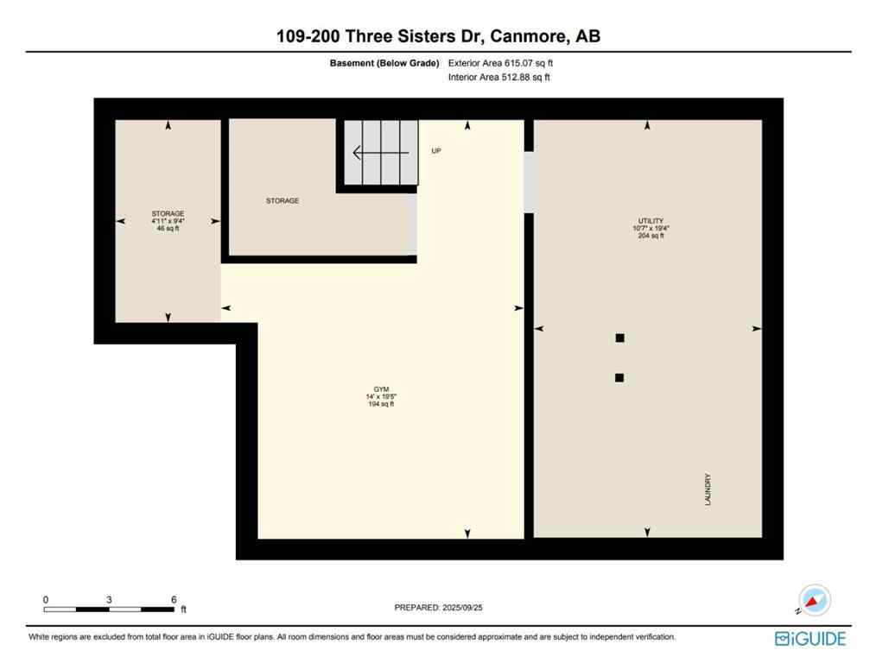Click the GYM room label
click(x=380, y=389)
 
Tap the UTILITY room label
click(x=651, y=221)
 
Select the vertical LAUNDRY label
click(x=708, y=489)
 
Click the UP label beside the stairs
click(x=436, y=151)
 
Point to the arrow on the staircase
click(x=380, y=153)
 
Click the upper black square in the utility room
click(x=619, y=338)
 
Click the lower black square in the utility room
click(x=619, y=377)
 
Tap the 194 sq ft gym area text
click(x=380, y=404)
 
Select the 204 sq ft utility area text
click(x=651, y=236)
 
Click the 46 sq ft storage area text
click(x=168, y=229)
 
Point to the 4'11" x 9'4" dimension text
click(x=168, y=221)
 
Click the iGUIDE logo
click(x=810, y=639)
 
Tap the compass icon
click(x=815, y=600)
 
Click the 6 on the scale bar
click(x=174, y=599)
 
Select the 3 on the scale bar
click(x=110, y=599)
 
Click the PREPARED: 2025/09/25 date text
click(x=438, y=608)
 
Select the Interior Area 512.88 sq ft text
click(x=499, y=77)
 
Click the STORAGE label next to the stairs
click(x=282, y=200)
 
